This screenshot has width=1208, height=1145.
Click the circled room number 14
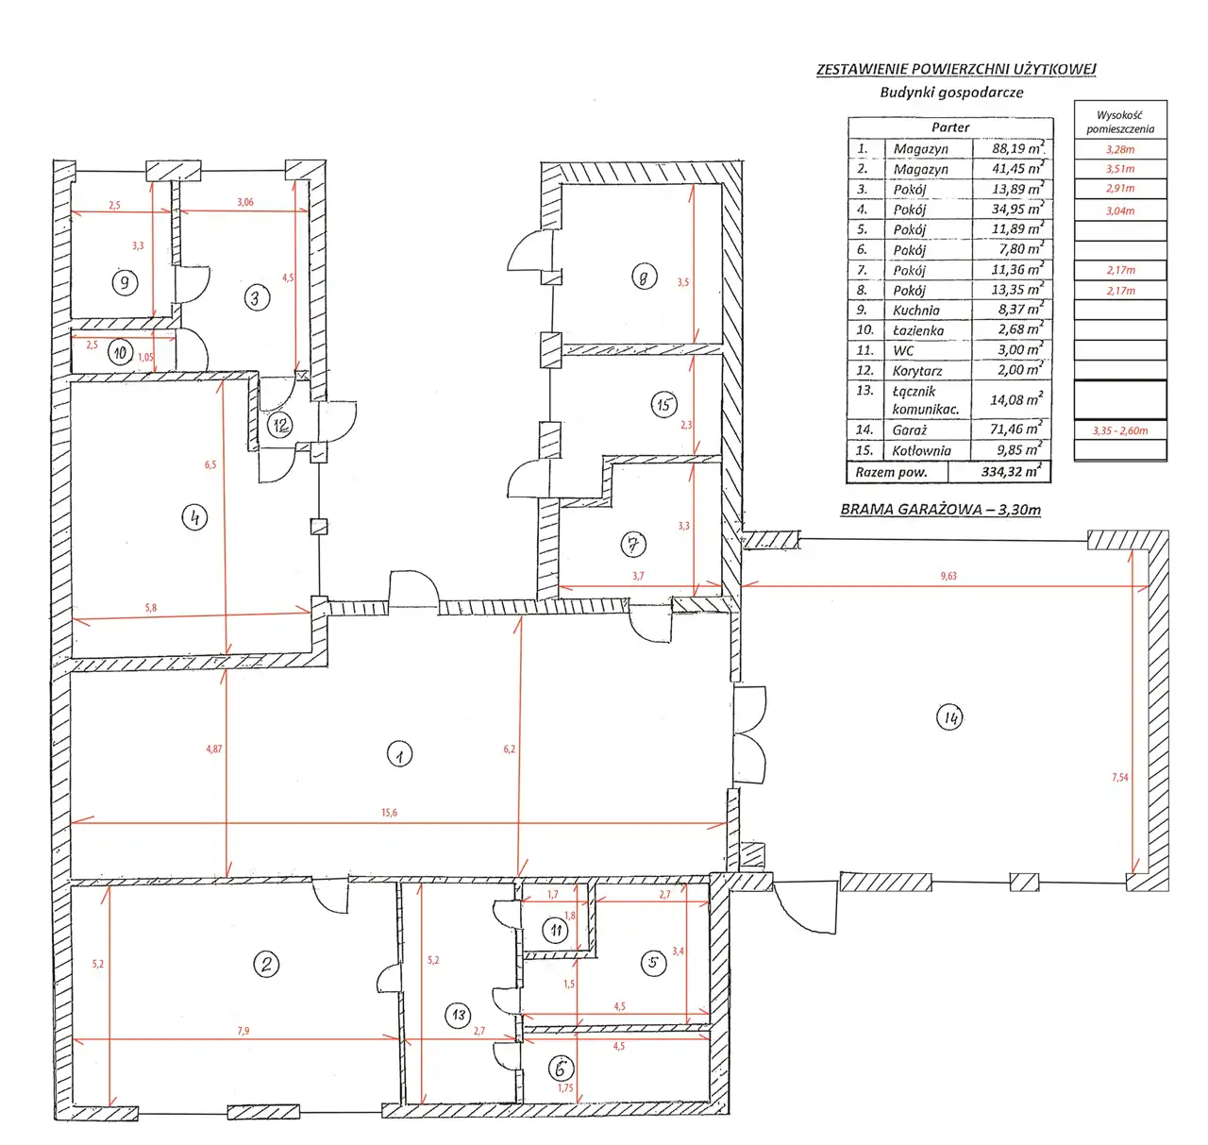[949, 717]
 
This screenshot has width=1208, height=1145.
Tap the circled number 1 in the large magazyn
[399, 753]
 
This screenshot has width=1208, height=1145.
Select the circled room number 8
[644, 277]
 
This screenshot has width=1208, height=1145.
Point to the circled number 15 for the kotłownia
[663, 404]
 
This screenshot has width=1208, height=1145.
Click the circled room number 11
[556, 930]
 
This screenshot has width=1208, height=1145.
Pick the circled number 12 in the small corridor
[281, 425]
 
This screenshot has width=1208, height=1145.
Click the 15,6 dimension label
[389, 813]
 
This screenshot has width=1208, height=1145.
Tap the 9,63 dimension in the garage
[948, 576]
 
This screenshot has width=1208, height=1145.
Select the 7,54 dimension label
[1119, 778]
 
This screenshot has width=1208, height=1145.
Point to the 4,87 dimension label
[214, 749]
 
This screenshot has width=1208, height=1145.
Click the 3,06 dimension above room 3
[244, 202]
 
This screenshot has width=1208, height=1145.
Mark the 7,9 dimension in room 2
[243, 1031]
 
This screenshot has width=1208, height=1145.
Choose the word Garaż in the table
[910, 430]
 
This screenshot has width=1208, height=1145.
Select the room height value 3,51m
[1120, 169]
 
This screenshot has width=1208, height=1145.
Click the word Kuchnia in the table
[915, 311]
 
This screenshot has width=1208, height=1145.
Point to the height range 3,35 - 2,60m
[1119, 430]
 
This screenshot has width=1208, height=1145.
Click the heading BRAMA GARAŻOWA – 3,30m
[940, 510]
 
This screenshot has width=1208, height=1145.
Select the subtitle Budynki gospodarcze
[951, 93]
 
